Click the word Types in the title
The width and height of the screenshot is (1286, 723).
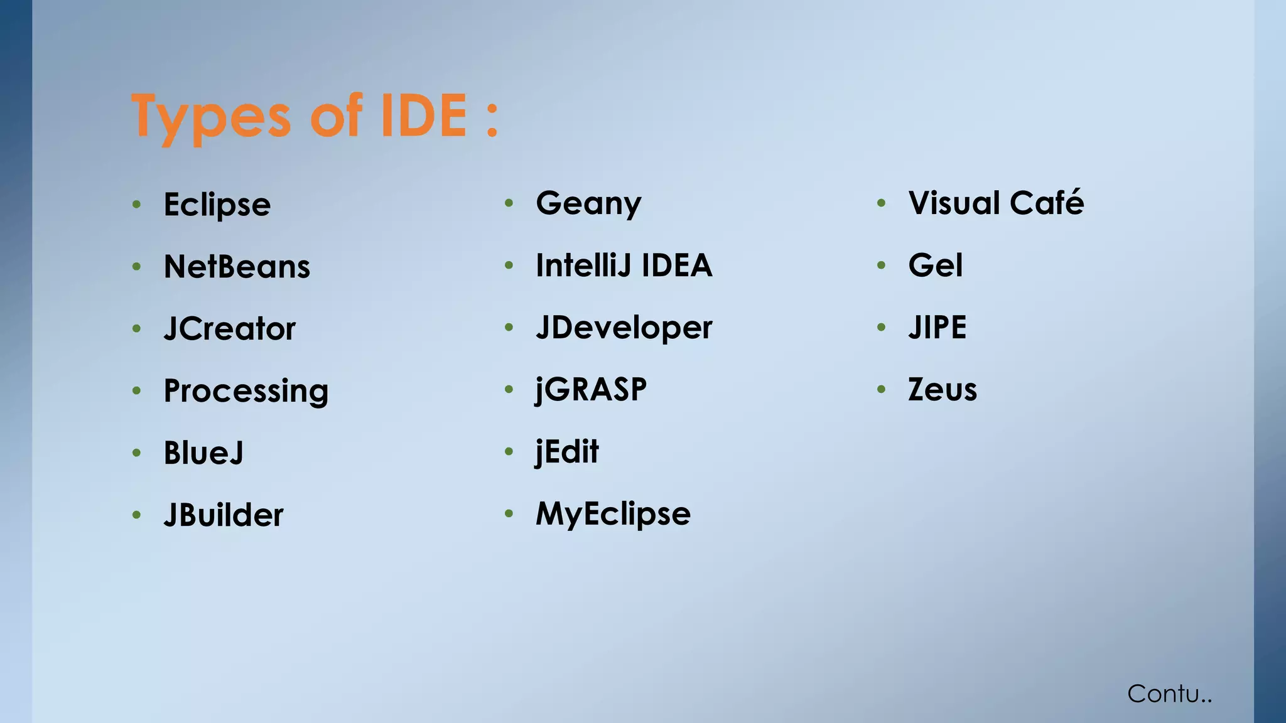tap(211, 117)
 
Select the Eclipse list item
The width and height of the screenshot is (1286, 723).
tap(217, 205)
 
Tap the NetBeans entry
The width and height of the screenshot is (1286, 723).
tap(237, 267)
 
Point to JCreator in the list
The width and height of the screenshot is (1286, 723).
tap(229, 329)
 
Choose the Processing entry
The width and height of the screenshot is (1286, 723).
tap(246, 391)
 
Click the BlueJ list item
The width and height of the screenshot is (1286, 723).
tap(203, 453)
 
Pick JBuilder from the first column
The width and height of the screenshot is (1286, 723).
tap(223, 515)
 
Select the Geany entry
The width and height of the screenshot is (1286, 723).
tap(588, 203)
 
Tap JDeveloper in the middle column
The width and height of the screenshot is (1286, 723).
tap(624, 328)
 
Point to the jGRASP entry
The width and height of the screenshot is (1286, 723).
tap(591, 390)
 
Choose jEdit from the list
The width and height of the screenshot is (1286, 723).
tap(567, 452)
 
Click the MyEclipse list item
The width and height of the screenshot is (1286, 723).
tap(613, 514)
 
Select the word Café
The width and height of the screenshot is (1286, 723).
tap(1047, 203)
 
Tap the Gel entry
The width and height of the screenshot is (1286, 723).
tap(935, 265)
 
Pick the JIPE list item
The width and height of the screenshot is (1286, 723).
tap(937, 328)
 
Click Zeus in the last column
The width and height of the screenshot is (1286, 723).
tap(942, 390)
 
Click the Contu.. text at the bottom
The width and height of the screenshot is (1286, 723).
tap(1169, 694)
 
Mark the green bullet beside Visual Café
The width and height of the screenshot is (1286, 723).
tap(882, 203)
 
